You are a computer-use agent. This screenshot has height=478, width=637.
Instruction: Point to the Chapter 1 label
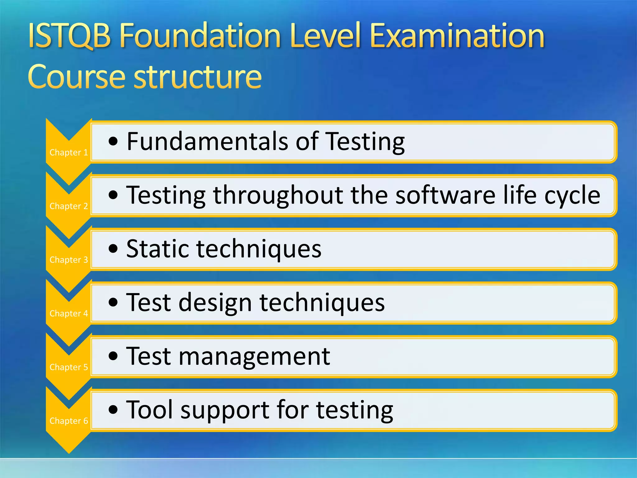point(69,152)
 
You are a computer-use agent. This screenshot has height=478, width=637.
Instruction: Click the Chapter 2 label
point(69,206)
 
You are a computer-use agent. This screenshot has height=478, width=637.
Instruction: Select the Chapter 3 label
point(69,260)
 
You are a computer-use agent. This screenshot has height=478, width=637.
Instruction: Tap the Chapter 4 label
point(69,313)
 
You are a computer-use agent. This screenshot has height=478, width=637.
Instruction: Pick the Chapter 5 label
point(69,367)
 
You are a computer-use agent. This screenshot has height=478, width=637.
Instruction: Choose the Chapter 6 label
point(69,421)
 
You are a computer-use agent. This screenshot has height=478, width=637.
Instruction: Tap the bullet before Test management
point(114,356)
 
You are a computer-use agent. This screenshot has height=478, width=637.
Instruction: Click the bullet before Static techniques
point(114,249)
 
